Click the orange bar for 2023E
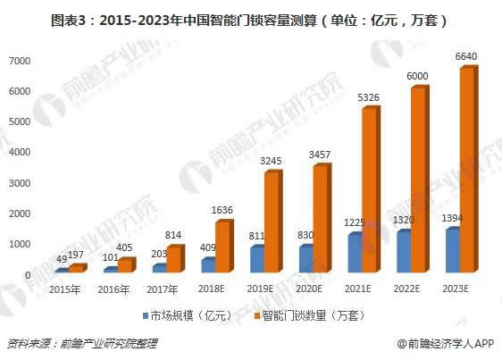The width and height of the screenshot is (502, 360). point(467,170)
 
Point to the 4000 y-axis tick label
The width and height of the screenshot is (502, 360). point(21,152)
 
